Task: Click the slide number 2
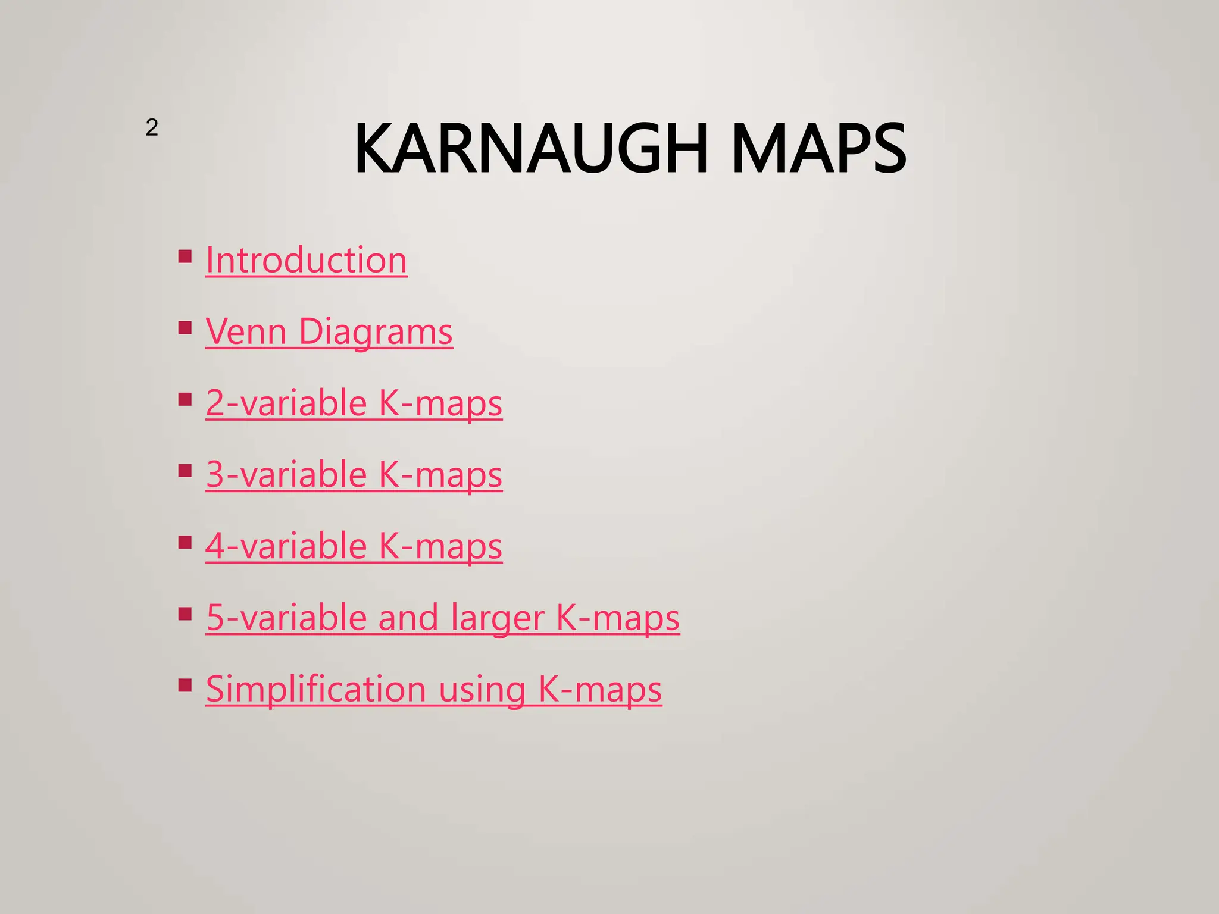pyautogui.click(x=152, y=128)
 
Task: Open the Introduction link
pyautogui.click(x=306, y=261)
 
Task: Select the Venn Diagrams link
pyautogui.click(x=329, y=332)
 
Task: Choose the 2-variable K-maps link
pyautogui.click(x=354, y=403)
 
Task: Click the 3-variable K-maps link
pyautogui.click(x=354, y=475)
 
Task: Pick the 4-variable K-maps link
pyautogui.click(x=354, y=546)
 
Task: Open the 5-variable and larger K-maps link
pyautogui.click(x=442, y=618)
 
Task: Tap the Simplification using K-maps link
pyautogui.click(x=433, y=689)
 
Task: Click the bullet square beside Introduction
pyautogui.click(x=185, y=257)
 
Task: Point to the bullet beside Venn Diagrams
pyautogui.click(x=185, y=328)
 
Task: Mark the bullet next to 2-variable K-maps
pyautogui.click(x=185, y=399)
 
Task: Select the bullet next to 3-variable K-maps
pyautogui.click(x=185, y=471)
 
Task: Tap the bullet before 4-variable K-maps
pyautogui.click(x=185, y=542)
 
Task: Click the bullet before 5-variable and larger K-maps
pyautogui.click(x=185, y=613)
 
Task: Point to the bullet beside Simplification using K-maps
pyautogui.click(x=185, y=685)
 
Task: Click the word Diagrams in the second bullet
pyautogui.click(x=376, y=332)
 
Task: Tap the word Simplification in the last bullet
pyautogui.click(x=316, y=689)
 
